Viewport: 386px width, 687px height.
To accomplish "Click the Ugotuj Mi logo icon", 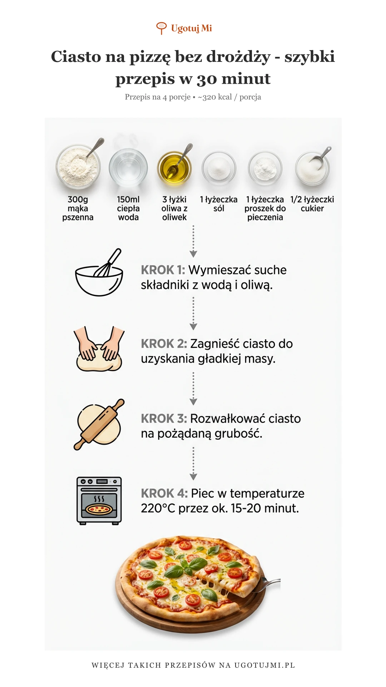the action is click(x=161, y=28).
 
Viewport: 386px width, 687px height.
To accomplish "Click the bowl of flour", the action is click(x=78, y=166).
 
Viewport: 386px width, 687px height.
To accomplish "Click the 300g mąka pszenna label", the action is click(x=78, y=208).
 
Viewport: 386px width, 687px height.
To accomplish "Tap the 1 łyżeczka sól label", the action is click(x=219, y=204).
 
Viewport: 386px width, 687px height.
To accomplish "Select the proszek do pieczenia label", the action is click(x=265, y=213).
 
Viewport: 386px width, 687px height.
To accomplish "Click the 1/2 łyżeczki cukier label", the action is click(x=312, y=204).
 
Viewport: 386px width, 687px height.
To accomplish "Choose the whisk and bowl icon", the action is click(x=99, y=272).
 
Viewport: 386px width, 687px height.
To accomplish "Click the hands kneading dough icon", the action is click(x=99, y=349).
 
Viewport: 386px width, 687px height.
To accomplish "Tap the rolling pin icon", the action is click(x=99, y=424).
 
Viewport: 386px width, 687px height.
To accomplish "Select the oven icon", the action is click(x=99, y=501).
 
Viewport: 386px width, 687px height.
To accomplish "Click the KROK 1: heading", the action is click(x=163, y=270).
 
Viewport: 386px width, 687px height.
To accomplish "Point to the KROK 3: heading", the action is click(x=164, y=418).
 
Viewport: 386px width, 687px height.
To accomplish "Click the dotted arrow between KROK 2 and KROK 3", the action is click(x=193, y=389).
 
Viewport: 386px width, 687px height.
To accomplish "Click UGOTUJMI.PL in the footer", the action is click(x=265, y=665).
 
